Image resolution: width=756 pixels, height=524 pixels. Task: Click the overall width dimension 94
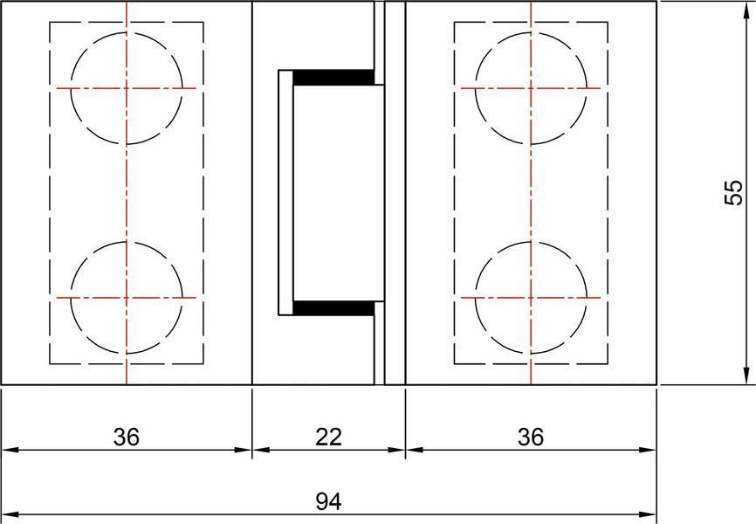tap(328, 502)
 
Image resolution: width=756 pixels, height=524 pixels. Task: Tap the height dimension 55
tap(734, 192)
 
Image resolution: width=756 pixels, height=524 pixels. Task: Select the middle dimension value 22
tap(328, 437)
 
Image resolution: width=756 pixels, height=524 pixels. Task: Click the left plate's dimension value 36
tap(127, 437)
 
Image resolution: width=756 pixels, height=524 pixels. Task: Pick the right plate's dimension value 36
tap(531, 437)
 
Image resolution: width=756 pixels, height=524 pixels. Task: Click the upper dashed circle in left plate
tap(71, 88)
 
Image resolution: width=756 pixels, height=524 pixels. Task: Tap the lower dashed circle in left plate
tap(71, 298)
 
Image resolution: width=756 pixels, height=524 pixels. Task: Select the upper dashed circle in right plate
tap(476, 88)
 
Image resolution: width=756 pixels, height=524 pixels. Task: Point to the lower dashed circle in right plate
tap(476, 298)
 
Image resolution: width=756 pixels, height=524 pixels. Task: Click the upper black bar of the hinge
tap(333, 77)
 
